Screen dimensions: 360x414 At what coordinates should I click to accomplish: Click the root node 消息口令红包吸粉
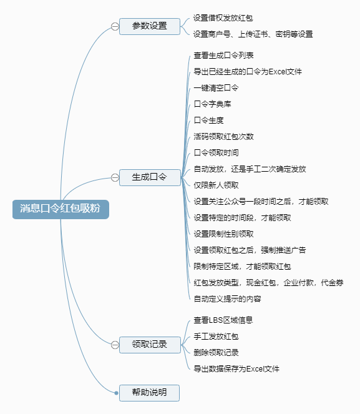tap(61, 209)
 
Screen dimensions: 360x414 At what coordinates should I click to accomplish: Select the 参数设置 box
tap(150, 26)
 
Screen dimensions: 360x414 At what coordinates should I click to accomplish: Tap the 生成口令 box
tap(150, 177)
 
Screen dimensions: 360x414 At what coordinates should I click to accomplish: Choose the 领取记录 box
tap(150, 345)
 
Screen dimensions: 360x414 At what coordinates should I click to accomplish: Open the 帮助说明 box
tap(149, 393)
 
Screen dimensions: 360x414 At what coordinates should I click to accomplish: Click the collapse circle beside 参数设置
tap(115, 26)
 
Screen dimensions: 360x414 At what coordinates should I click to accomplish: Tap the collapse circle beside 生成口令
tap(115, 178)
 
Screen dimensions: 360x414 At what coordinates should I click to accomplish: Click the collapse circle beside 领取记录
tap(115, 345)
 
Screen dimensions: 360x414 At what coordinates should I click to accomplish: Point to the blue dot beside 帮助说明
tap(116, 393)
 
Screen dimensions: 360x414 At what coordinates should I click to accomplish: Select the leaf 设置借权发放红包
tap(223, 18)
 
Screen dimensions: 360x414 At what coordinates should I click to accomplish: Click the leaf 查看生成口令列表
tap(223, 55)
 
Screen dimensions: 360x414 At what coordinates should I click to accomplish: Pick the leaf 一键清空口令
tap(216, 87)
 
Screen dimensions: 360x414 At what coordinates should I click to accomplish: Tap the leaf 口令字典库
tap(212, 104)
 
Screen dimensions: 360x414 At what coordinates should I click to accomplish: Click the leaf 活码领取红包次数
tap(223, 136)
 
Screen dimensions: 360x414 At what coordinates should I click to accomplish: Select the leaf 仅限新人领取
tap(216, 185)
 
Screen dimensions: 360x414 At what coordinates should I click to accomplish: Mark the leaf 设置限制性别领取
tap(223, 234)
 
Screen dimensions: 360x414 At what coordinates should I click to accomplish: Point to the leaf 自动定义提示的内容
tap(227, 298)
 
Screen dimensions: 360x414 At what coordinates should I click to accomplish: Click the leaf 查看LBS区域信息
tap(223, 320)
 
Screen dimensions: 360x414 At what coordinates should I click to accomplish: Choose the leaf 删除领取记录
tap(216, 352)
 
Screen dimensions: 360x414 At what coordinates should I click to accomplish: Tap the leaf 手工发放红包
tap(216, 337)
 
